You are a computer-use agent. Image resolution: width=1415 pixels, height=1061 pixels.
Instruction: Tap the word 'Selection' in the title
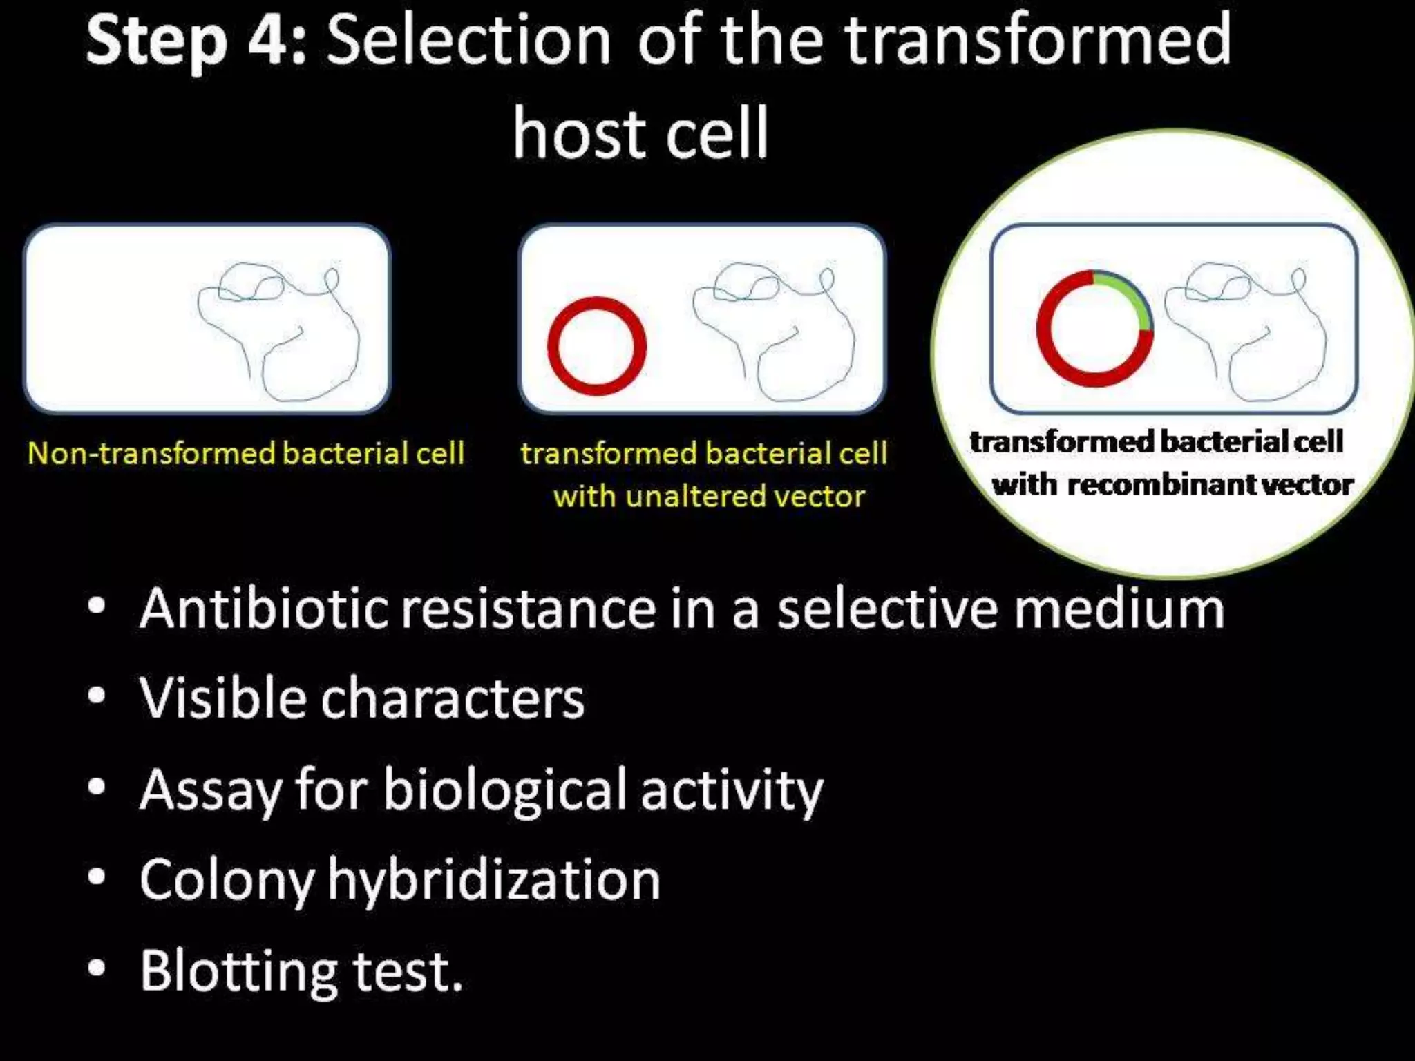point(468,41)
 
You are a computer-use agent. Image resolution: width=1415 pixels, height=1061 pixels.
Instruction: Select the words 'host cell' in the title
point(640,133)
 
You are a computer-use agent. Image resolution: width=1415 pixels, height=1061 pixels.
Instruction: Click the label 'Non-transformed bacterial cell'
point(245,454)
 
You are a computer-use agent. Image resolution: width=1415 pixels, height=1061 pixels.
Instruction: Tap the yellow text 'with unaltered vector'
point(709,497)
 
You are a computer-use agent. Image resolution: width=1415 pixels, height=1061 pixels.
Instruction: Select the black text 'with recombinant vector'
point(1172,484)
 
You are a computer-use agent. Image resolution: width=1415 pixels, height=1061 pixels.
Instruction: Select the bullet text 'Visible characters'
point(361,698)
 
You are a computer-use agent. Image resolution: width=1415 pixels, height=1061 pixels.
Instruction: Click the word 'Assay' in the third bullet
point(209,789)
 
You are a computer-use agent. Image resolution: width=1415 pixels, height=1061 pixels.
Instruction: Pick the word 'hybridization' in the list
point(493,880)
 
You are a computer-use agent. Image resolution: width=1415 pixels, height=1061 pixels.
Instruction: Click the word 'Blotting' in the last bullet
point(238,971)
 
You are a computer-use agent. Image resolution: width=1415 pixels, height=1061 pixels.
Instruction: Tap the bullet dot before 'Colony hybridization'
point(97,877)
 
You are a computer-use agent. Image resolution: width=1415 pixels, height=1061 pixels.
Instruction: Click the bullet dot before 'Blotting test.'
point(97,968)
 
